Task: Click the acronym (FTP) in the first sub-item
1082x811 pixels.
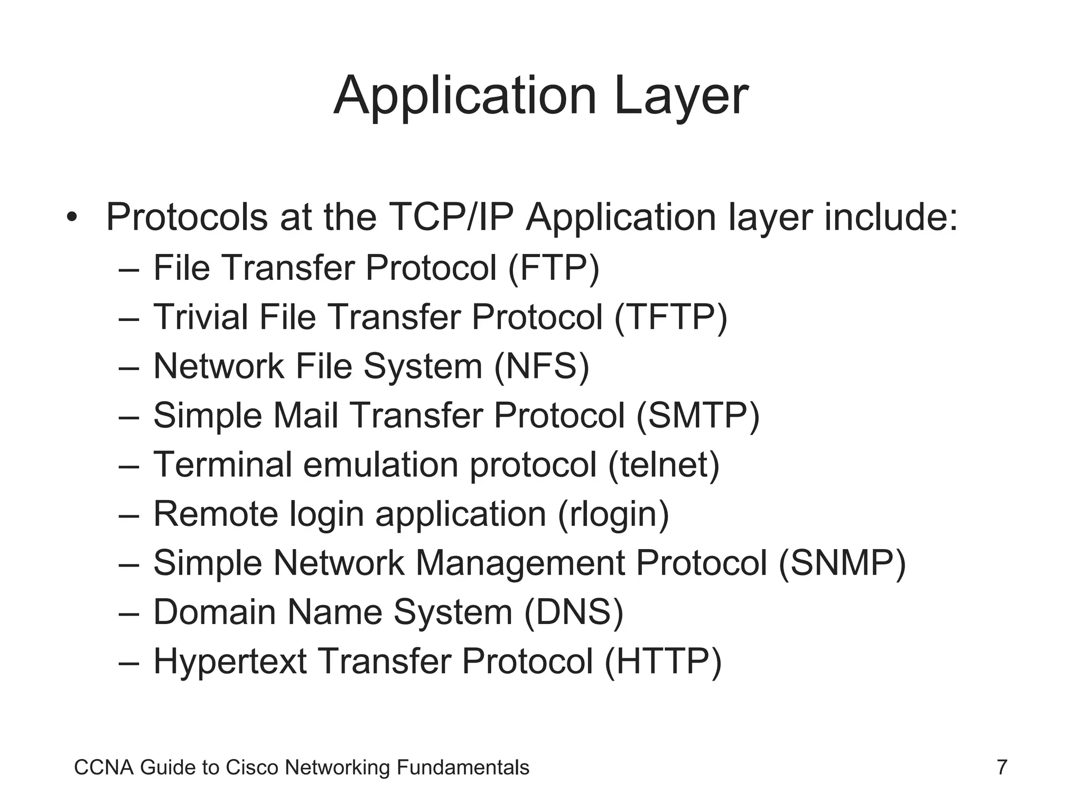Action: (x=553, y=268)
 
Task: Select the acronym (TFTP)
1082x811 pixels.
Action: (x=670, y=317)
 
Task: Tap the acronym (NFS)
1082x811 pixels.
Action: (x=542, y=366)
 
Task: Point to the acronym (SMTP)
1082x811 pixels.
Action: (x=697, y=416)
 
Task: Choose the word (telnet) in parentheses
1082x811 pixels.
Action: (x=664, y=465)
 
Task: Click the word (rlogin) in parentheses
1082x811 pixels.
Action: (x=613, y=514)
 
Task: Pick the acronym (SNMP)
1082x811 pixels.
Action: (x=842, y=563)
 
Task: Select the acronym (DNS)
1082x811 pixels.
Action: (x=573, y=612)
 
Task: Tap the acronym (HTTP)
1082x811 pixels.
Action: (x=663, y=662)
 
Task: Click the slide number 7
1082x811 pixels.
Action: (x=1002, y=767)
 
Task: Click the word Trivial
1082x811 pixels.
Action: (x=201, y=317)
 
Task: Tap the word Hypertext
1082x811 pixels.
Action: (x=230, y=662)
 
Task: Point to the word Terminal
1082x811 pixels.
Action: (x=222, y=465)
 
